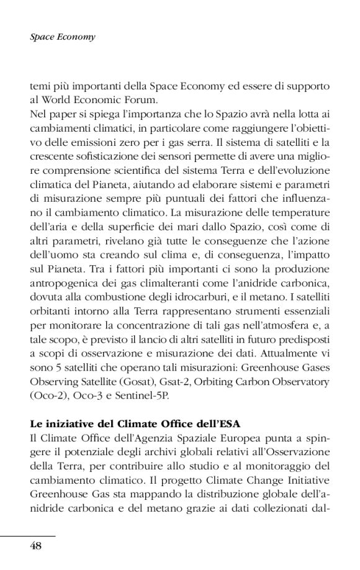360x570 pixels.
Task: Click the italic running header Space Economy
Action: [x=62, y=37]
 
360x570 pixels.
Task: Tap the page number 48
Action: [x=36, y=546]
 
